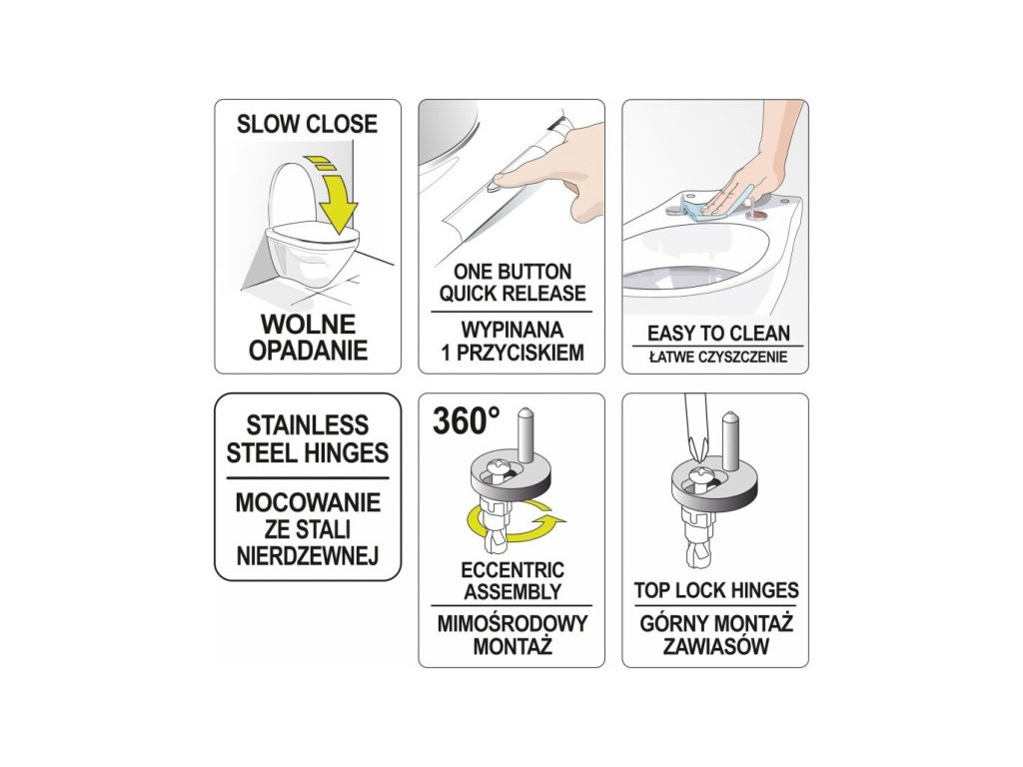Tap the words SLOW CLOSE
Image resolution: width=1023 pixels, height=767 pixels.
[x=308, y=124]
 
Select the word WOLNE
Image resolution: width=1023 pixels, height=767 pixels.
[x=308, y=325]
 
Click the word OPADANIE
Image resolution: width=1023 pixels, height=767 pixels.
[x=308, y=351]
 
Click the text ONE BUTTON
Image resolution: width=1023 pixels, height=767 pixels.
[x=512, y=272]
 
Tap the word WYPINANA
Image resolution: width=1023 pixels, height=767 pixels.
[x=512, y=330]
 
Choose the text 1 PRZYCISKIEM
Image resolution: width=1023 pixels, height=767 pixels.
[x=512, y=353]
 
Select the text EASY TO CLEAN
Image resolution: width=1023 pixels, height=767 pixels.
[x=718, y=334]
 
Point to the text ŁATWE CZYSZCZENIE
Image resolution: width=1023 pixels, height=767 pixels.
[x=718, y=357]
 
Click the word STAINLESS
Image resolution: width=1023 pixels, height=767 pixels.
[x=308, y=425]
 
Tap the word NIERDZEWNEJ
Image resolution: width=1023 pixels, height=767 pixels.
[x=308, y=556]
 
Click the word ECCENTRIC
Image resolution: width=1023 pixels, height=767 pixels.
[x=512, y=570]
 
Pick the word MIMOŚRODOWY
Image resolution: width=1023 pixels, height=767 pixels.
[x=512, y=623]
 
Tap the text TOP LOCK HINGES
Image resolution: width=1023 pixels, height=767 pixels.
[x=716, y=590]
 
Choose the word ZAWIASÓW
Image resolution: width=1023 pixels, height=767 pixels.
[x=716, y=646]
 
